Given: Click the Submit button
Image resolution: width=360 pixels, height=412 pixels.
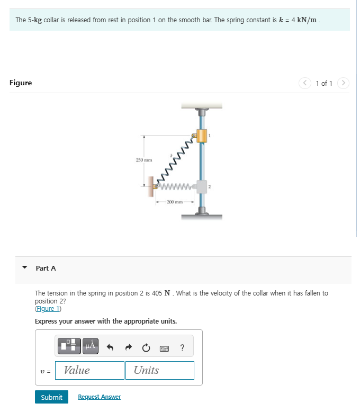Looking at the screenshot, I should [51, 397].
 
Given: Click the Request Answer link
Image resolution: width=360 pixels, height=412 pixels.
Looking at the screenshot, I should [99, 397].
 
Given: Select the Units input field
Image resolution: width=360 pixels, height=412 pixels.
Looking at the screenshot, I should [160, 370].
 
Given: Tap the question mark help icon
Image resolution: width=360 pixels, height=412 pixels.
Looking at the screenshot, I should [182, 347].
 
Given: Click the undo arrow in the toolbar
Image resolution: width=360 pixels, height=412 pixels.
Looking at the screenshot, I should [111, 347].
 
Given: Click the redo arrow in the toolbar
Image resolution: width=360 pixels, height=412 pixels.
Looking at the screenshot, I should [129, 347].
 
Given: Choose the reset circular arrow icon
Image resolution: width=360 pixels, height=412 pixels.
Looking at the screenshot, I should [147, 347].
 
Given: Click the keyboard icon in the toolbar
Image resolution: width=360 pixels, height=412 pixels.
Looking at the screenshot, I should [164, 347].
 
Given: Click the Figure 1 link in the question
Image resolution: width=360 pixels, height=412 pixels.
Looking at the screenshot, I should [48, 309].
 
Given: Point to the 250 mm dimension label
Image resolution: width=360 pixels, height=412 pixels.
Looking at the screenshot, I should [143, 160].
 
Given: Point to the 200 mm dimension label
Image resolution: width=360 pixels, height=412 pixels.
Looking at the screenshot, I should [175, 202].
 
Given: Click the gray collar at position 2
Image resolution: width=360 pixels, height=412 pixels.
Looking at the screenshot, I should [201, 186].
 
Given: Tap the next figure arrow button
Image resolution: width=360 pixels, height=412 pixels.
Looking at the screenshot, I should [343, 83].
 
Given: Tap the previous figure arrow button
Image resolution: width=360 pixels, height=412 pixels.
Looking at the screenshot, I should [305, 83].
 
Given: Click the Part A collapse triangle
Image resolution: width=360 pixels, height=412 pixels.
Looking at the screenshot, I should [24, 268].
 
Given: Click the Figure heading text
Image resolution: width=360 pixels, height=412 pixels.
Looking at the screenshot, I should [21, 83].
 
